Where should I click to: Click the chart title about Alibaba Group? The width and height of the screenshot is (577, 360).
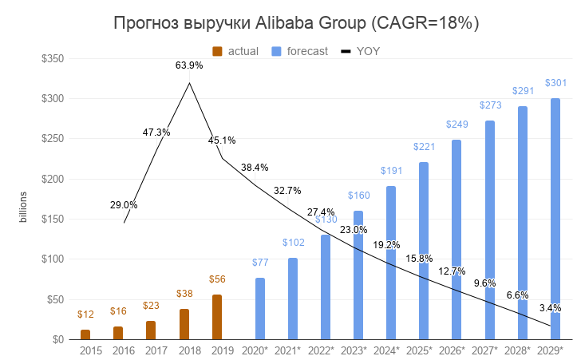pos(296,23)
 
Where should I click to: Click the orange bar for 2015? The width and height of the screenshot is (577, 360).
pos(85,334)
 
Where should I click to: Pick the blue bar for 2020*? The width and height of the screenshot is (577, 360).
pos(260,308)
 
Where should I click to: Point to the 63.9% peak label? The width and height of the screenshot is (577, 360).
pos(189,65)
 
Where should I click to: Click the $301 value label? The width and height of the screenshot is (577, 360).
pos(555,82)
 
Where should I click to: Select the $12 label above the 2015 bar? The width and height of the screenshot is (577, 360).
pos(85,316)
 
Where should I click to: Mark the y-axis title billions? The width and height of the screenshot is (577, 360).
pos(23,206)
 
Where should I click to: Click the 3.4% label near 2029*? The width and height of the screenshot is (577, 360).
pos(550,307)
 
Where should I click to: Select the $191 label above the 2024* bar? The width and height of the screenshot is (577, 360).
pos(392,171)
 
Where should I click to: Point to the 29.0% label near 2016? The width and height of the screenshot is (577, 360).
pos(124,205)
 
